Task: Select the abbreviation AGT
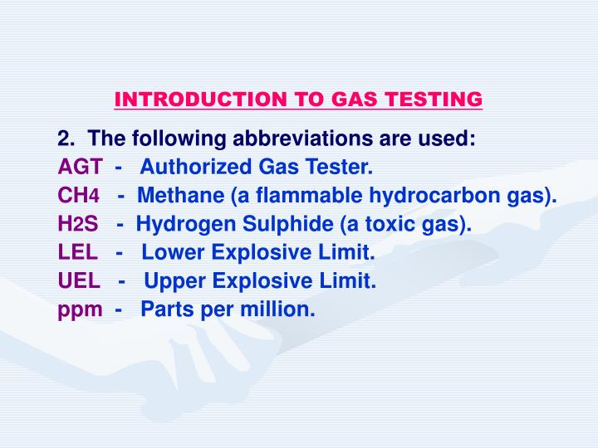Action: [80, 168]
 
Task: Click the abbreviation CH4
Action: [79, 196]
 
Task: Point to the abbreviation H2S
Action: [78, 224]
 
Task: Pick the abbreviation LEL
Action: [78, 252]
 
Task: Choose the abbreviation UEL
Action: [79, 280]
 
